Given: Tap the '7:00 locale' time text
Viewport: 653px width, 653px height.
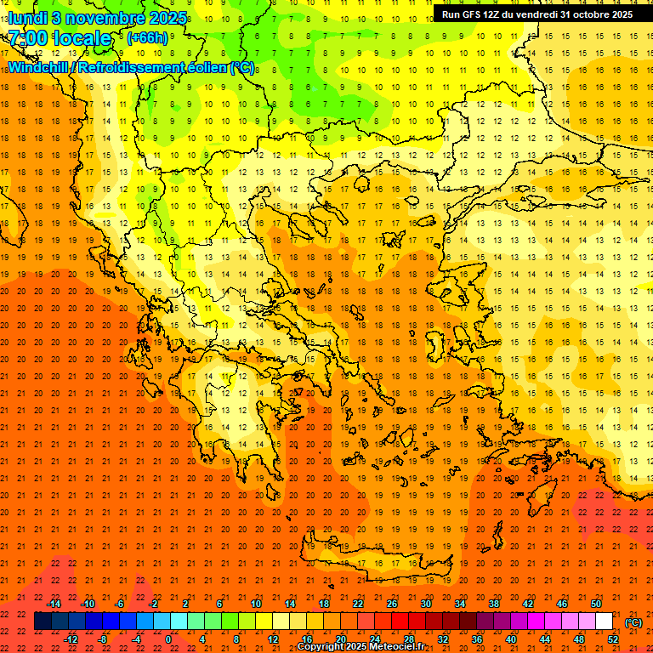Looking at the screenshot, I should pyautogui.click(x=60, y=38).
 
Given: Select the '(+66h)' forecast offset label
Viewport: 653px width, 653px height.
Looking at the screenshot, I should pyautogui.click(x=147, y=38).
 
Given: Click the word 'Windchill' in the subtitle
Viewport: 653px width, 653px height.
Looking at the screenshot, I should pyautogui.click(x=39, y=67).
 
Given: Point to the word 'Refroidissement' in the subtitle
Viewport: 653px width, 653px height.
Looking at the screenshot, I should pyautogui.click(x=136, y=67).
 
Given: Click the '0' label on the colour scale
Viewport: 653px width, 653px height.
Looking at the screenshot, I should pyautogui.click(x=168, y=639).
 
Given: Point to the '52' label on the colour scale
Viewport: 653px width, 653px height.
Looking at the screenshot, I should pyautogui.click(x=612, y=639).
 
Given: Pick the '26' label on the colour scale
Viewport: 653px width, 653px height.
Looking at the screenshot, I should pyautogui.click(x=392, y=604).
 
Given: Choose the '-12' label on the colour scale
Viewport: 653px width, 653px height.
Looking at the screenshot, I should pyautogui.click(x=71, y=639).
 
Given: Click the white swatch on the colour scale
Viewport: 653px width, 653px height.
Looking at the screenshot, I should pyautogui.click(x=604, y=622).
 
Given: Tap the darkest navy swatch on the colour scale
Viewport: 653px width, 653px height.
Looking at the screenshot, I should pyautogui.click(x=43, y=622).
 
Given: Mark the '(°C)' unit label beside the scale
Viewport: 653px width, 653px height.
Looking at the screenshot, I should pyautogui.click(x=633, y=622).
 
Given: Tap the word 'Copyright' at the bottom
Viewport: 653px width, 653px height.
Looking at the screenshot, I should pyautogui.click(x=321, y=647).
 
